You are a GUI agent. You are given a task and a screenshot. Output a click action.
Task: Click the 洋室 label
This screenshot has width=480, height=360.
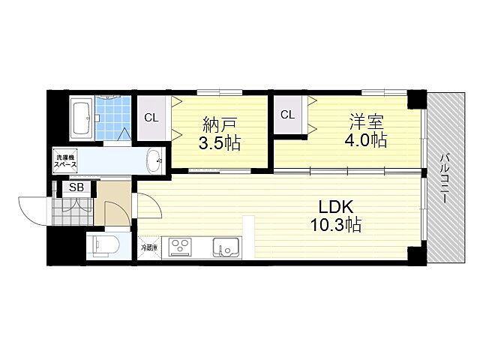[x=365, y=120]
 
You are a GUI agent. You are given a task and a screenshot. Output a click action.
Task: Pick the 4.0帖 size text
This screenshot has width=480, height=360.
[x=365, y=139]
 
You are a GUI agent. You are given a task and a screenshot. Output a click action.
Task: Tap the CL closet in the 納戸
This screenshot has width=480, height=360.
[x=151, y=118]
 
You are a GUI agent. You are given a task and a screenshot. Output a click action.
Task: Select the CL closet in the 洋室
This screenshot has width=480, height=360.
[x=286, y=114]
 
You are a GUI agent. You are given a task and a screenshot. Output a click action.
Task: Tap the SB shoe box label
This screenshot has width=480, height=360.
[x=76, y=188]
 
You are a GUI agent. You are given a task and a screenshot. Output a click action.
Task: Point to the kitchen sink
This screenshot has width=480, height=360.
[x=225, y=247]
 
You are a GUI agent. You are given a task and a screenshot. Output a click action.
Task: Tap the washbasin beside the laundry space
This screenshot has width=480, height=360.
[x=154, y=160]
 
